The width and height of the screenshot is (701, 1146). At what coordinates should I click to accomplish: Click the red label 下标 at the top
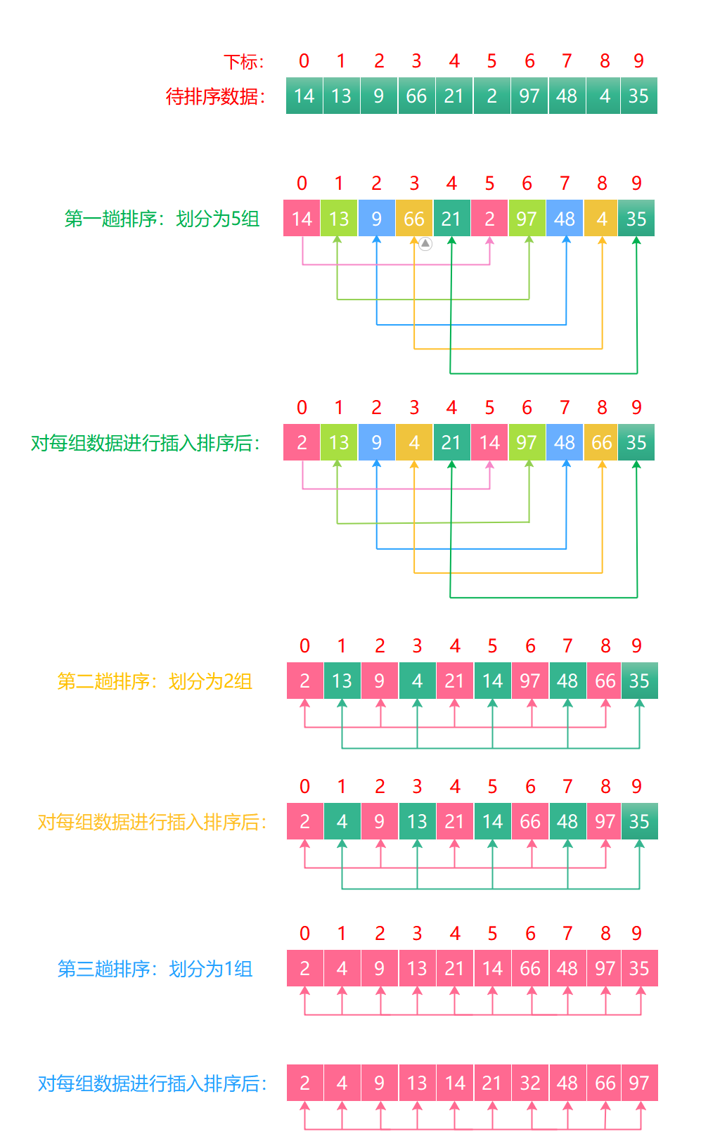tap(243, 62)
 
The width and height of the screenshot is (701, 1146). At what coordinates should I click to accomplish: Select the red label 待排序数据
tap(215, 96)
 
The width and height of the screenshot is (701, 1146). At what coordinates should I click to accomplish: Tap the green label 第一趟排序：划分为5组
tap(162, 219)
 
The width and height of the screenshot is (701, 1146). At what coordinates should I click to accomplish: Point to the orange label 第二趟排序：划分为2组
tap(155, 681)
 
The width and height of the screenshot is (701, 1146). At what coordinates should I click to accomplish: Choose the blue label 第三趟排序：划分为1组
tap(155, 969)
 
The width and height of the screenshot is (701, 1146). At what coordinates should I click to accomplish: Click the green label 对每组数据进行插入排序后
tap(145, 443)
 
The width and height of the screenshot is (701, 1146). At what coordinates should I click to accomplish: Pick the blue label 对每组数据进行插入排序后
tap(152, 1083)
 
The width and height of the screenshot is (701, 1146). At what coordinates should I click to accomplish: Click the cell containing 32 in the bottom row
tap(530, 1083)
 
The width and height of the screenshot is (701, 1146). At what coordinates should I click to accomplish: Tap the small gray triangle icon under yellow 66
tap(425, 244)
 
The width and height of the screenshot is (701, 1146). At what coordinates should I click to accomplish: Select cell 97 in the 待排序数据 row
tap(529, 96)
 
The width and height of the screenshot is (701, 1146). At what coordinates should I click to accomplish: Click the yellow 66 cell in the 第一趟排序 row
tap(414, 219)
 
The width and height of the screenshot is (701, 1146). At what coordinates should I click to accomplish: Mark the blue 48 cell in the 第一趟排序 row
tap(565, 219)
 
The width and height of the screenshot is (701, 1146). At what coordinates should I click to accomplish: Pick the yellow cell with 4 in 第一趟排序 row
tap(602, 219)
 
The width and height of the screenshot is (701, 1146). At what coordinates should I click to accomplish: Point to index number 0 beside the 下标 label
tap(304, 61)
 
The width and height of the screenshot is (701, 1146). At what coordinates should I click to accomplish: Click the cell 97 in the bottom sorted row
tap(638, 1083)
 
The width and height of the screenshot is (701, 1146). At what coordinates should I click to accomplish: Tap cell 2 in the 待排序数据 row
tap(491, 96)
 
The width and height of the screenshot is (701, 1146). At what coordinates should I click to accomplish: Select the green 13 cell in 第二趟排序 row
tap(342, 681)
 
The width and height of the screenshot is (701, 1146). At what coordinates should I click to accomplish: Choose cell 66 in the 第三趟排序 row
tap(530, 968)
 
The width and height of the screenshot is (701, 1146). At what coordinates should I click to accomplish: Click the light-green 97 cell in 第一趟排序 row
tap(527, 219)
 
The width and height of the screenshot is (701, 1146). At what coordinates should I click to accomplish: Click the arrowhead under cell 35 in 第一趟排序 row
tap(636, 241)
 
